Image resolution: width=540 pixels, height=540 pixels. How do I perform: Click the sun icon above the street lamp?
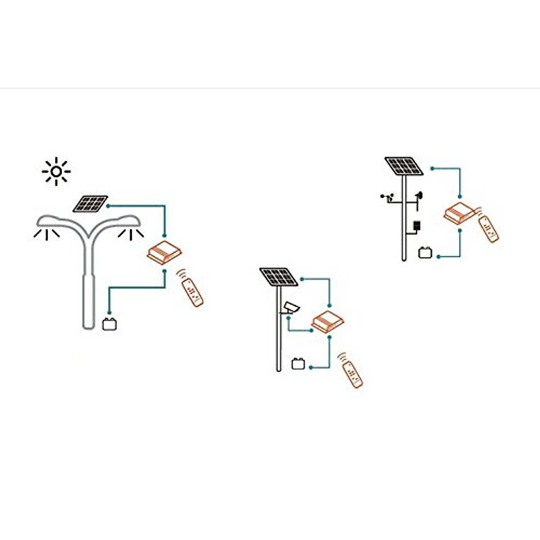tap(56, 171)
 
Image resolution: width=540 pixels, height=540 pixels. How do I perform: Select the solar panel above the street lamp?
tap(91, 204)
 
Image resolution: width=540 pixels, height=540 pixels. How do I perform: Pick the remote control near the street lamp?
tap(192, 292)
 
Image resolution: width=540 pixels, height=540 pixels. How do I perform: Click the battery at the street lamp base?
tap(109, 324)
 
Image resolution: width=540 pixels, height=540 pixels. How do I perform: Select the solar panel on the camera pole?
tap(279, 277)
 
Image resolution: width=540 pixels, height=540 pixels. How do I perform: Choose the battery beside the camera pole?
tap(298, 364)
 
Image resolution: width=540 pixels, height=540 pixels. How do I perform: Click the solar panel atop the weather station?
tap(404, 166)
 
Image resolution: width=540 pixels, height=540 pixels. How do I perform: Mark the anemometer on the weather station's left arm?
tap(387, 197)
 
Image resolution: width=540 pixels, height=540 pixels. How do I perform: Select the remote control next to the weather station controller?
tap(489, 228)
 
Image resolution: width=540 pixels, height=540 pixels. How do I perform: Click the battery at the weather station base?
tap(425, 252)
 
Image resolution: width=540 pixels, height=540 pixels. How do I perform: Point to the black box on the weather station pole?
tap(417, 225)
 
